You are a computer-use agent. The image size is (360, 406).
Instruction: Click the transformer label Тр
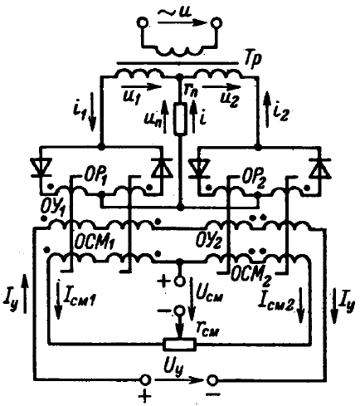coord(252,60)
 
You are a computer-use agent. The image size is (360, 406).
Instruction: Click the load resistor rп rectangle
coord(180,119)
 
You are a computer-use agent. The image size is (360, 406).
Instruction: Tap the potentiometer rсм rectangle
coord(180,344)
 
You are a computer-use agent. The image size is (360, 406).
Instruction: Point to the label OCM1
coord(95,243)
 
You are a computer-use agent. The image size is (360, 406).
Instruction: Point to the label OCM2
coord(251,276)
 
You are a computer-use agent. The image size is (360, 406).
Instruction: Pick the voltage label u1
coord(130,98)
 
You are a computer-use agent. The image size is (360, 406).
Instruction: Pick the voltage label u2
coord(229,98)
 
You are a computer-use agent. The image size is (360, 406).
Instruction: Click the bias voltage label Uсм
coord(210,295)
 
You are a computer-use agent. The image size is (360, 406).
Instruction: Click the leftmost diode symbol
coord(41,168)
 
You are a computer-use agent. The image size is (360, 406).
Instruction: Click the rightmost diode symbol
coord(320,168)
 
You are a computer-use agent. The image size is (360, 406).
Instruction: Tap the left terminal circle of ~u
coord(144,23)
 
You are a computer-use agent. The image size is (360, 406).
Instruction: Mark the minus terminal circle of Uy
coord(212,380)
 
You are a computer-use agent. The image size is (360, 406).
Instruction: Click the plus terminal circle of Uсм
coord(180,281)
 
